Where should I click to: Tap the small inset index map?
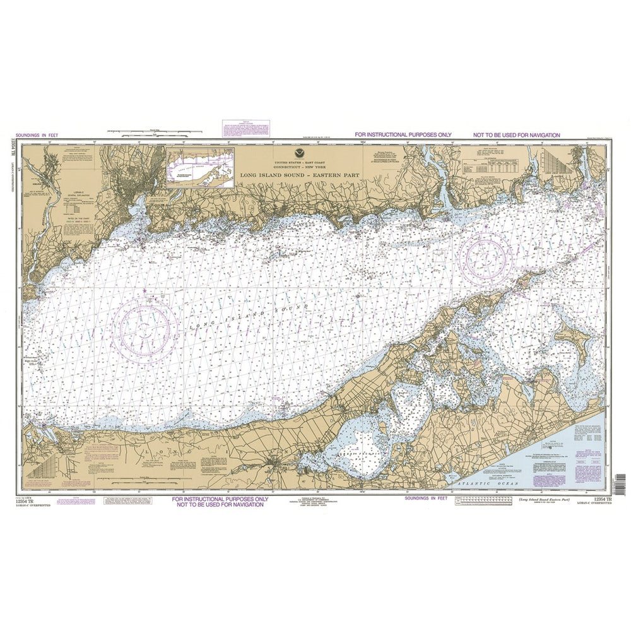point(200,168)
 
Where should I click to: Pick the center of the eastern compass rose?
point(485,256)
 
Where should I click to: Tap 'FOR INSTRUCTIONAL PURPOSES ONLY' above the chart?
point(402,135)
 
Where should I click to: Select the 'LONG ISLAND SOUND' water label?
point(245,316)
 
